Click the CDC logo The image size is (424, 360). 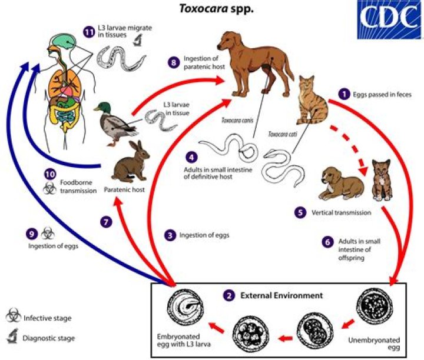click(389, 19)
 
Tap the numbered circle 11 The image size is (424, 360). click(89, 32)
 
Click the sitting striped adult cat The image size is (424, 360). click(312, 101)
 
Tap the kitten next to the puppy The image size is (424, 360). click(382, 180)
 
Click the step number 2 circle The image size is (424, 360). click(228, 296)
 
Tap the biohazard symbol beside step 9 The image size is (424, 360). click(48, 234)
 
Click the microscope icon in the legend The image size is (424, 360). click(12, 336)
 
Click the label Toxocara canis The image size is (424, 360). click(237, 120)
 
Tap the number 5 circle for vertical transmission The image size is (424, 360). click(300, 212)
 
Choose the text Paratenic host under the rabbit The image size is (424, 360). click(124, 190)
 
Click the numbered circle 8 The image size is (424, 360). click(173, 63)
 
